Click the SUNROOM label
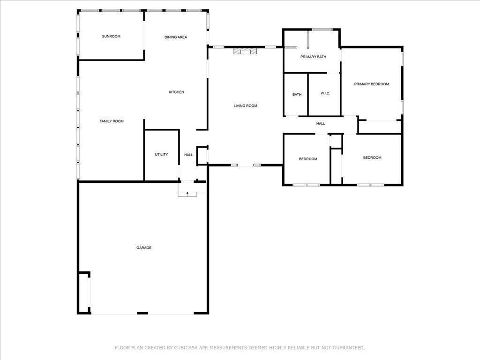coord(111,37)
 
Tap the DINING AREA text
coord(176,37)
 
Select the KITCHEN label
coord(176,92)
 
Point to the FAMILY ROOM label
coord(112,121)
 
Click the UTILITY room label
coord(161,155)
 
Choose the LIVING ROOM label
coord(246,106)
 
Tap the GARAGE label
coord(144,247)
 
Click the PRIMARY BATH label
coord(313,57)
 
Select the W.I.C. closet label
coord(325,93)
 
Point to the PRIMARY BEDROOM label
coord(372,84)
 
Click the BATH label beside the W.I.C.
coord(297,95)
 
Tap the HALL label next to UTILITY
coord(188,155)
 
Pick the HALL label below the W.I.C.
coord(321,124)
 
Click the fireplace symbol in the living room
coord(245,51)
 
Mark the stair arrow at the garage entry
coord(187,194)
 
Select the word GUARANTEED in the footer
coord(348,348)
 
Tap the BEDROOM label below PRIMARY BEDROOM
coord(372,157)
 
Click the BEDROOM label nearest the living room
coord(308,159)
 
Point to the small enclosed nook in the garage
coord(83,292)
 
